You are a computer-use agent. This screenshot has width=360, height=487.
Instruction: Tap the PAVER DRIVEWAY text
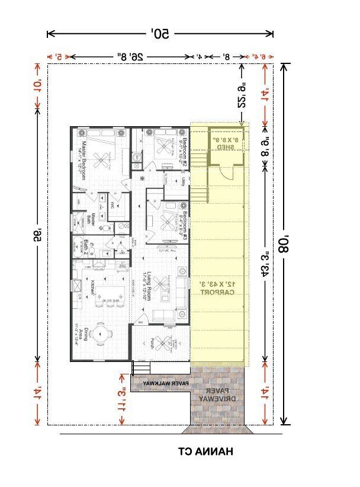[x=216, y=396]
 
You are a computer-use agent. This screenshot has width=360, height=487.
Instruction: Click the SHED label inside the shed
[x=227, y=145]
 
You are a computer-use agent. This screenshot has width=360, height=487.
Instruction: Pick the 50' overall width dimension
[x=160, y=34]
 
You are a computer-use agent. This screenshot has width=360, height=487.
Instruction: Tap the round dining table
[x=101, y=334]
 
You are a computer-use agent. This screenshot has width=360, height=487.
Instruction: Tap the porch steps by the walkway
[x=140, y=368]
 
